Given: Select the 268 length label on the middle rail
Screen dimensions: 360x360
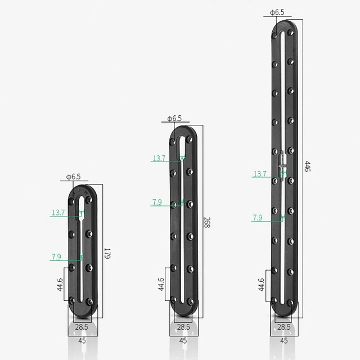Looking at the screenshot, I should (206, 223).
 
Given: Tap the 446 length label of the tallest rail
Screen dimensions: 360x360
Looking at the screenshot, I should (307, 166).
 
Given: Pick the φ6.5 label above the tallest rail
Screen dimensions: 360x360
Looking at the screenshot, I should (277, 12).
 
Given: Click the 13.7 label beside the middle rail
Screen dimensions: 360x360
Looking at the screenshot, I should (159, 159).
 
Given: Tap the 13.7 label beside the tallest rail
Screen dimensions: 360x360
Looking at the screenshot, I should (259, 174).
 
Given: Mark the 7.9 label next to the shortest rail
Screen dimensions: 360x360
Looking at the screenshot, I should (56, 257).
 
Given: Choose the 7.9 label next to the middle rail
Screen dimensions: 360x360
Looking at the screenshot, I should (157, 202).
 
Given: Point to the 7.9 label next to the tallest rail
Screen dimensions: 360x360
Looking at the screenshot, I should (258, 217).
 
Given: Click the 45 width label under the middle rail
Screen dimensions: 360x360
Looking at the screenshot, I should (183, 340).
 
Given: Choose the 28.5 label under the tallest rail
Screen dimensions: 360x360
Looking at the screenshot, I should (283, 326).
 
